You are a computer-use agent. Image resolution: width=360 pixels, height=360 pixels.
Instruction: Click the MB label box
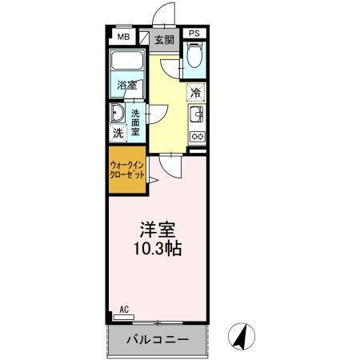(x=124, y=36)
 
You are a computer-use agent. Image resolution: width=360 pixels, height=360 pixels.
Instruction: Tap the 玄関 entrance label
(x=164, y=38)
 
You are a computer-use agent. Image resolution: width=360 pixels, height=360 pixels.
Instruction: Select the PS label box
(x=195, y=34)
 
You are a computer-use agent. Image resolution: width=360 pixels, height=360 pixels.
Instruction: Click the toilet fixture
(x=195, y=56)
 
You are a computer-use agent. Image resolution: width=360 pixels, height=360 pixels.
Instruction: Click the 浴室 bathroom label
(x=126, y=84)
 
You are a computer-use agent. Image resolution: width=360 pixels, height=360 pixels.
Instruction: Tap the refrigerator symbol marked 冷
(x=196, y=91)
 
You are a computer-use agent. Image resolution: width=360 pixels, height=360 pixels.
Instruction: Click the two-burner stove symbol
(x=197, y=136)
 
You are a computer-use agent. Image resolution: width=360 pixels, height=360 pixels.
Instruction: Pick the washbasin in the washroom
(x=118, y=113)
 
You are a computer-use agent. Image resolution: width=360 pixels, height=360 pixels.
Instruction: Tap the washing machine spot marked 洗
(x=118, y=134)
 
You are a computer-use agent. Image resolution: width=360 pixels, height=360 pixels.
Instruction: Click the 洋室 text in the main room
(x=158, y=229)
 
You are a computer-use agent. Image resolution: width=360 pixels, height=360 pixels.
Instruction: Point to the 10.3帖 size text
(x=158, y=249)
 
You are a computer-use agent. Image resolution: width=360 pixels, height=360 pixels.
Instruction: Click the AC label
(x=124, y=308)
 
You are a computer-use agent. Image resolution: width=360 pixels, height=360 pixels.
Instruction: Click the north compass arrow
(x=239, y=337)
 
